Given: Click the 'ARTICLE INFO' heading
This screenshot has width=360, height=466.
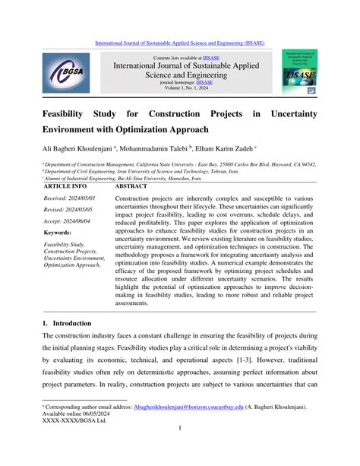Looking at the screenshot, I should (65, 185).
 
